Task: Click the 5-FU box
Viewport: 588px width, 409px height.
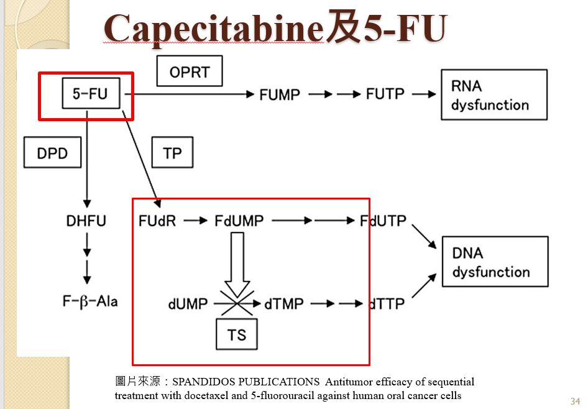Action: (91, 94)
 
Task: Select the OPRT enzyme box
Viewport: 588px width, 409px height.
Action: (190, 71)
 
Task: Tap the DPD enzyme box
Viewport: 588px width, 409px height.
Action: (52, 152)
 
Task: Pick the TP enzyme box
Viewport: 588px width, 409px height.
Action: (172, 152)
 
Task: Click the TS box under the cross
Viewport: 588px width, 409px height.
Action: (237, 334)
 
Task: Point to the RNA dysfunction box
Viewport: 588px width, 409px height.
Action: (494, 94)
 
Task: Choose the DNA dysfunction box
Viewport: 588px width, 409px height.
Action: (495, 262)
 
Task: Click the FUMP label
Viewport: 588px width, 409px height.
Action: (280, 94)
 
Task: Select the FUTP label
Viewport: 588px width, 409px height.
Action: (385, 94)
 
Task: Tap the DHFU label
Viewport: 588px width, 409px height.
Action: (86, 220)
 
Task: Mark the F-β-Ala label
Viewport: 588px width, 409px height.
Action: (90, 302)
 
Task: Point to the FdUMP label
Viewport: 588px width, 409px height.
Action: (239, 220)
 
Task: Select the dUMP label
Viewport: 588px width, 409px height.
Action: (188, 304)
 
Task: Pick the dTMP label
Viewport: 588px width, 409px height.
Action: (284, 304)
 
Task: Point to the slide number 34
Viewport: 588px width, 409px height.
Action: (575, 401)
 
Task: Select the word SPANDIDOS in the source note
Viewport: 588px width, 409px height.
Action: (204, 382)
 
